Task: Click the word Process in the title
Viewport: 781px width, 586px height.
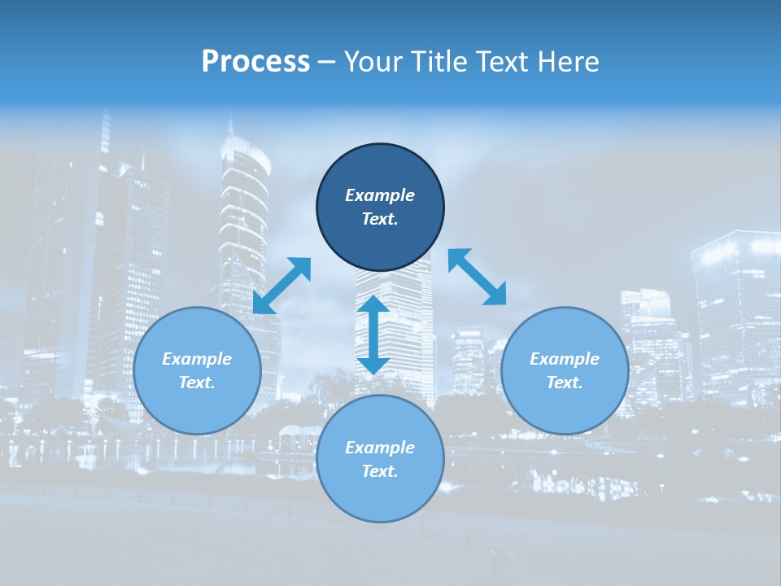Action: (x=255, y=62)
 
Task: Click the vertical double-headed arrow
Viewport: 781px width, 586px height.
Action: (x=373, y=335)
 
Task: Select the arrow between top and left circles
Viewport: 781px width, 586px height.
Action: (x=282, y=286)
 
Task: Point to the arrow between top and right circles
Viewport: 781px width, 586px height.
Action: (x=477, y=277)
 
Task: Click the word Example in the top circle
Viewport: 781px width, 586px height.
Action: (x=380, y=195)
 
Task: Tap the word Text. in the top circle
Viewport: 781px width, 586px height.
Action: (x=380, y=219)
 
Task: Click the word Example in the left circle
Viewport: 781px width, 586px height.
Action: (x=197, y=359)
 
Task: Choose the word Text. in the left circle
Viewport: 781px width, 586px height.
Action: (x=197, y=383)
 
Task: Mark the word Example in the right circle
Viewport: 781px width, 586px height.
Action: (x=565, y=359)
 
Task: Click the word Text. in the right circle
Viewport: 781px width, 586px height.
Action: (x=565, y=383)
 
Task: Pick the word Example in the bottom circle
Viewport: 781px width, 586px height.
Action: (x=380, y=448)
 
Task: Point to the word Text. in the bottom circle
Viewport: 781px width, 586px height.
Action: (x=380, y=471)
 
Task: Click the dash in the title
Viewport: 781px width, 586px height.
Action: (x=327, y=63)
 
